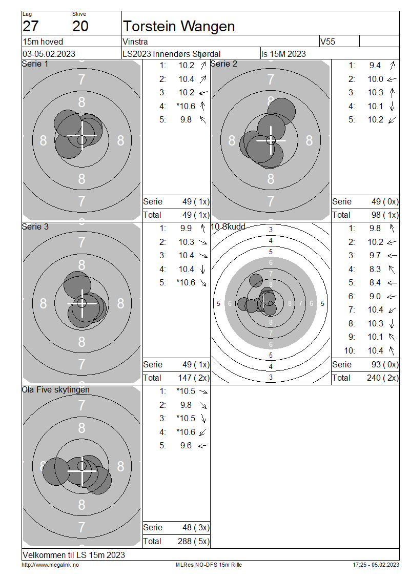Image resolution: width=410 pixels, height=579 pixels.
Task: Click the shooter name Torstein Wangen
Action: click(179, 27)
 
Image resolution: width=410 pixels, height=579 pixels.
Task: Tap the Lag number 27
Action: click(31, 26)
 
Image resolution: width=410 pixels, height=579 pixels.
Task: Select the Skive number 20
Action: click(80, 26)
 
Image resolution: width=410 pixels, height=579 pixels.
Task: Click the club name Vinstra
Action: click(135, 42)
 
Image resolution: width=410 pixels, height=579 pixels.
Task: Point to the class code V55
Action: click(327, 42)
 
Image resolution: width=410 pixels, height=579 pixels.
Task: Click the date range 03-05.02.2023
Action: click(49, 54)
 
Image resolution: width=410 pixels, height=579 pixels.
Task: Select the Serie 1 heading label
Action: click(35, 64)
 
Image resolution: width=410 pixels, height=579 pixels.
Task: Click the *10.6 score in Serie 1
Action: click(186, 107)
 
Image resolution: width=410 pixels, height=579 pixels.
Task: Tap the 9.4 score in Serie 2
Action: click(375, 66)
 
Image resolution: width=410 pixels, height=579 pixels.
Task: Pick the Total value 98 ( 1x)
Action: click(385, 215)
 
